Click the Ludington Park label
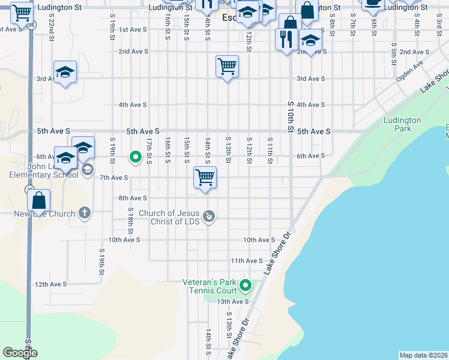coord(402,124)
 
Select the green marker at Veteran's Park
coord(246,285)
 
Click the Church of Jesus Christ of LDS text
coord(168,217)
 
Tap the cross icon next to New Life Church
coord(85,212)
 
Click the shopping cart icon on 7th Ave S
coord(205,178)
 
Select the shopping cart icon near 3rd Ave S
coord(228,66)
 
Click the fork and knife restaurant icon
coord(284,40)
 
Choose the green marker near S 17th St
coord(136,157)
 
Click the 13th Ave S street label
coord(233,302)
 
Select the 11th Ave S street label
coord(247,261)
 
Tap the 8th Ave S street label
coord(133,198)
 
